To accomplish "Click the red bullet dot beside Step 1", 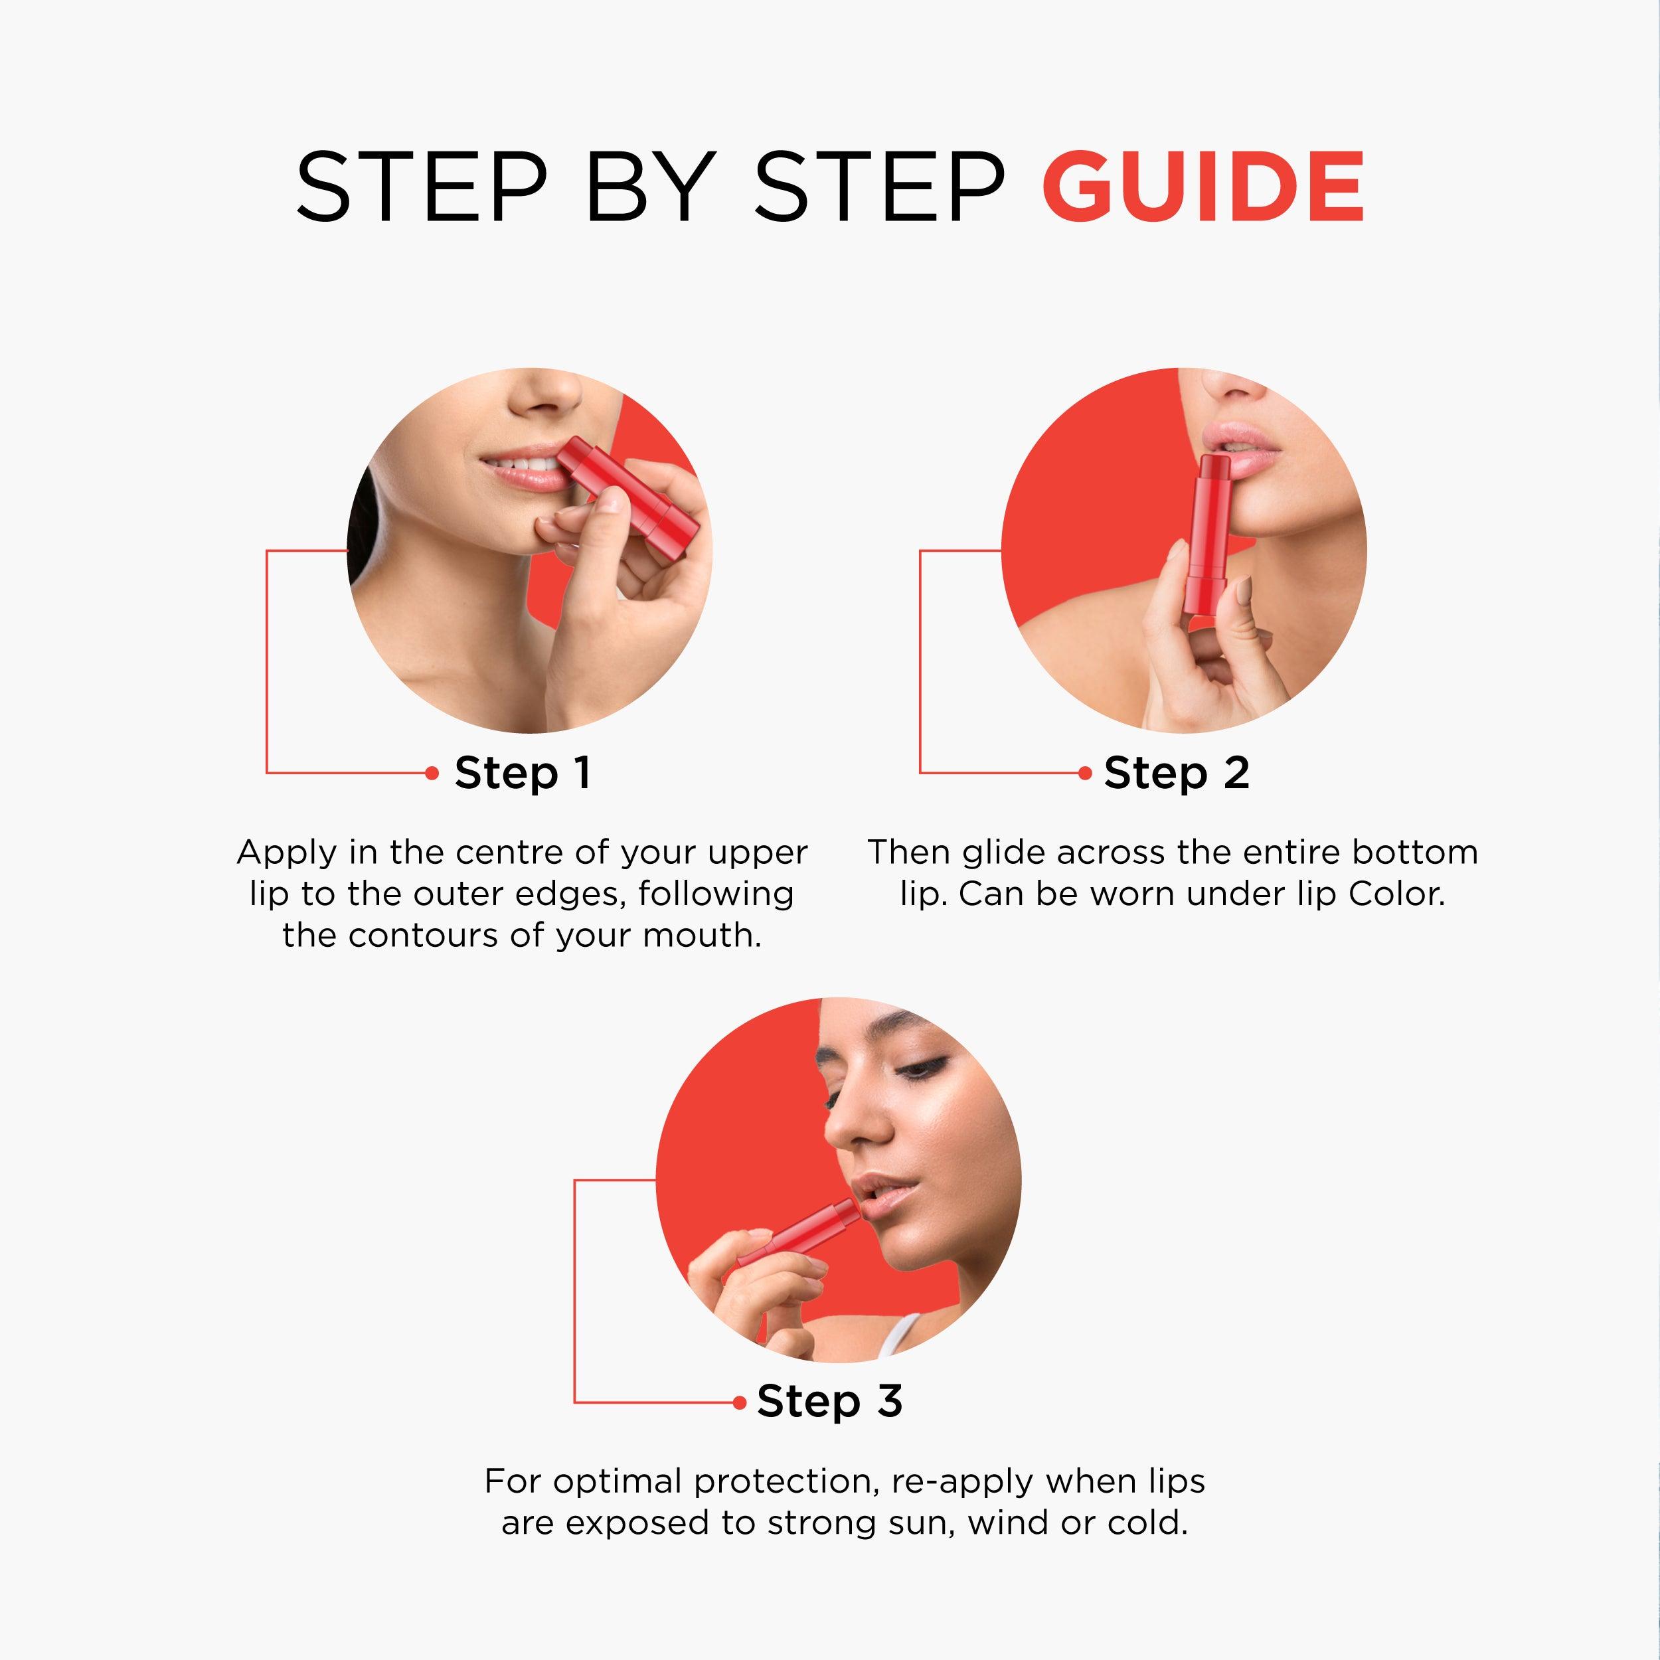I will [x=432, y=774].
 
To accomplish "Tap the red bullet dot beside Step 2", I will [x=1085, y=774].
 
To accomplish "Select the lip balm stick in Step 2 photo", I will [x=1205, y=533].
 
